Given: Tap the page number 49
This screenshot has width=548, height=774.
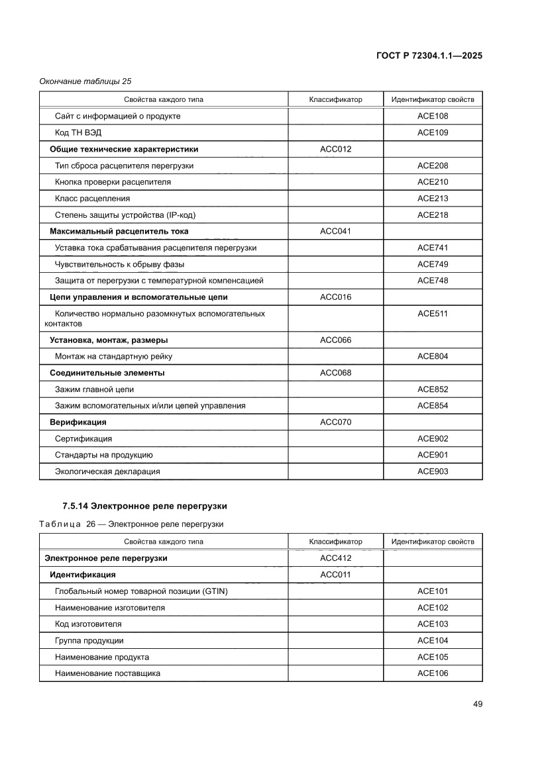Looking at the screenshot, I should pos(477,703).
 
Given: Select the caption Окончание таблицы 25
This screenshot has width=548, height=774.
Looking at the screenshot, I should pos(85,81).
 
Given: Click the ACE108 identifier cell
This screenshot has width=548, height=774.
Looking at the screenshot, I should pos(433,117).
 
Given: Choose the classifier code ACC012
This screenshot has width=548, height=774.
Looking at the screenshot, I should pos(335,149).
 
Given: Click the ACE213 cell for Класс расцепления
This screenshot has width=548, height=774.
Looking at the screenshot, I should pos(433,199).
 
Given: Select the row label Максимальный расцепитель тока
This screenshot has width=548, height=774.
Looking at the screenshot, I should pos(119,232).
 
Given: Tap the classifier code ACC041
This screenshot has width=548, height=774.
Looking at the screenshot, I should pos(335,232).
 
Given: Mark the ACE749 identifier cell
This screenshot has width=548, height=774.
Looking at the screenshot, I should pos(433,264).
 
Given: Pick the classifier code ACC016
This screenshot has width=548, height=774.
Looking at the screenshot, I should pos(335,297).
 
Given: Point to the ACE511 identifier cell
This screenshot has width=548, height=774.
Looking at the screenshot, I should pos(433,314).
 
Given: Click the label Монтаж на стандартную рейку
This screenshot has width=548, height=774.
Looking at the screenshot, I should pos(113,357).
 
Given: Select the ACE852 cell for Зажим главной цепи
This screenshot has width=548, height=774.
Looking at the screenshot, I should pos(433,389).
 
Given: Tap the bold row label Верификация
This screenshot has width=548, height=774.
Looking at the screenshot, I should pos(78,422).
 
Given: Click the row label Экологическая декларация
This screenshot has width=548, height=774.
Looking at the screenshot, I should pos(107,471).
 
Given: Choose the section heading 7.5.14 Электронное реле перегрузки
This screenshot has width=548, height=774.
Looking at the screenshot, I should pos(144,507).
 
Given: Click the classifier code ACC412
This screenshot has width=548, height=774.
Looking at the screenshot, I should pos(335,558).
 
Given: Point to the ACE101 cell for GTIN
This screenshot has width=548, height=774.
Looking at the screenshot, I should pos(433,591).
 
